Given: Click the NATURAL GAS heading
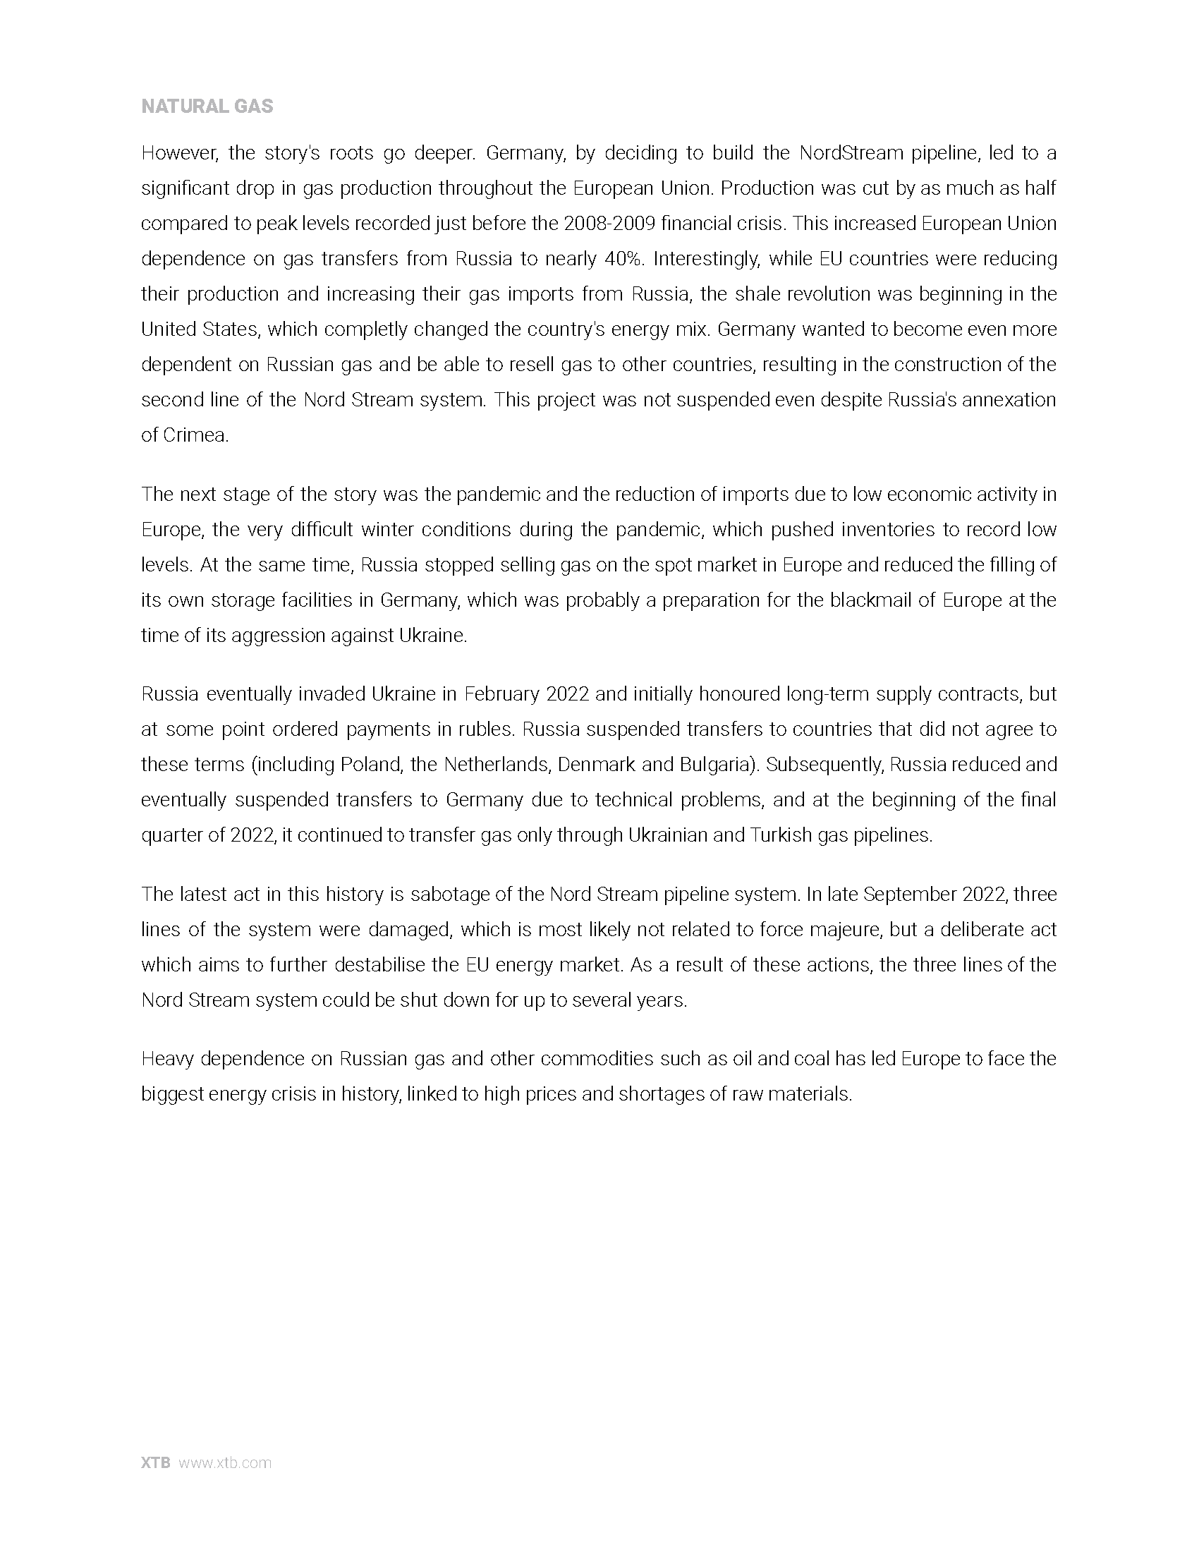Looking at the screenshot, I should coord(207,107).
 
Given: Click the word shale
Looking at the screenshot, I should coord(760,294).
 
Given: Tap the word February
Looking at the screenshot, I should coord(501,694).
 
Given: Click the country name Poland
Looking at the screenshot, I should coord(371,765).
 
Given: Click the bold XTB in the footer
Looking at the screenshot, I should coord(156,1463).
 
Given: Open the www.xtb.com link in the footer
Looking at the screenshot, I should coord(224,1463).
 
